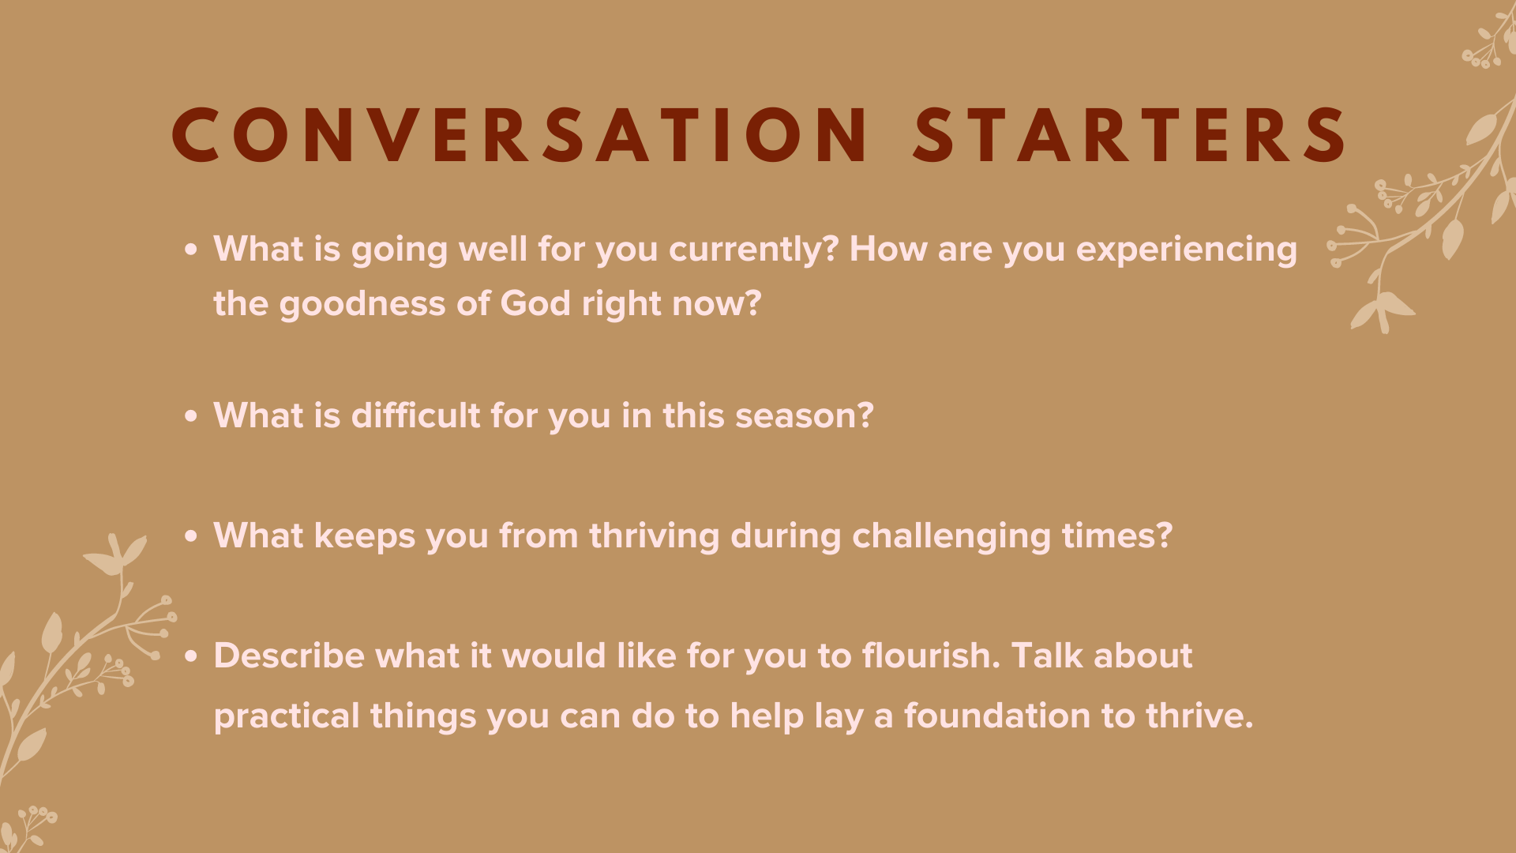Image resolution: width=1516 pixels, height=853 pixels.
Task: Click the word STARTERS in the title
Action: (x=1129, y=136)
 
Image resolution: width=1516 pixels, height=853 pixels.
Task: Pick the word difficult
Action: (x=415, y=415)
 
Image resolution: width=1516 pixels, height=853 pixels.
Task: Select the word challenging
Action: (x=951, y=535)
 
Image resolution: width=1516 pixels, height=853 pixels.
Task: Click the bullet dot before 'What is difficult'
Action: (x=191, y=416)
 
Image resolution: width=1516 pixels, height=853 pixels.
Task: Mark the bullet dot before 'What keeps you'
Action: (x=191, y=536)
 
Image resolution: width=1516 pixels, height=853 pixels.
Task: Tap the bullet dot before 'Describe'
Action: (x=191, y=656)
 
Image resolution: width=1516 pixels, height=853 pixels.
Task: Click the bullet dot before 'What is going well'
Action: (x=191, y=250)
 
